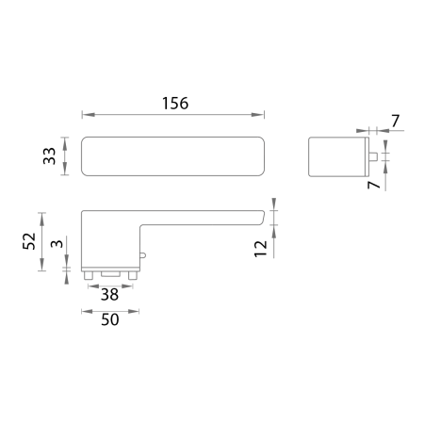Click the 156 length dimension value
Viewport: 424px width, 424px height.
coord(173,103)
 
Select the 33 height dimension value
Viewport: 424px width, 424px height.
coord(50,156)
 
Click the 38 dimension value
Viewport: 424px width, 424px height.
coord(110,294)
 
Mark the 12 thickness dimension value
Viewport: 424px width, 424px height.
coord(261,247)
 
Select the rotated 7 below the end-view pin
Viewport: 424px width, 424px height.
coord(374,186)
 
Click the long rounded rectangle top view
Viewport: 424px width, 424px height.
coord(173,156)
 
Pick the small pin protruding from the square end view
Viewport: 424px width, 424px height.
coord(373,156)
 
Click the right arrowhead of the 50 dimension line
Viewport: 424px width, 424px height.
coord(136,310)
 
